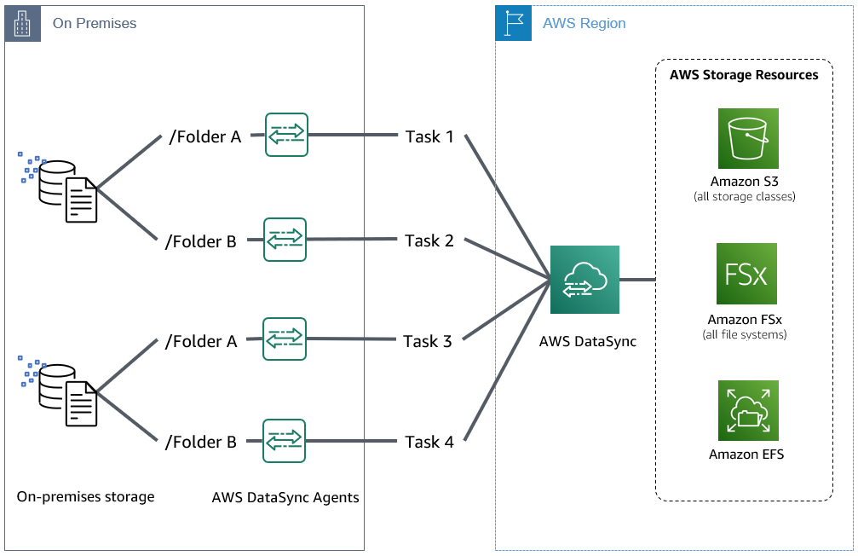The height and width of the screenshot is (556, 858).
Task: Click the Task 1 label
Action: click(429, 136)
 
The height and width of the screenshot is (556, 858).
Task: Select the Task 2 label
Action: click(429, 240)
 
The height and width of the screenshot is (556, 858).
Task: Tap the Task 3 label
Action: click(428, 341)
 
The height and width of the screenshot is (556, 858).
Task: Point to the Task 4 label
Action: click(429, 442)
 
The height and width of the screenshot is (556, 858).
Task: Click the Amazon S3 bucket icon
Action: click(747, 138)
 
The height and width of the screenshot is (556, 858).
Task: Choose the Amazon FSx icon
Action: click(746, 274)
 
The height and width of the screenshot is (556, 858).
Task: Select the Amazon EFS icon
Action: click(747, 411)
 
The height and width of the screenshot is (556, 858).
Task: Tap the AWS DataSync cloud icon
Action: click(584, 281)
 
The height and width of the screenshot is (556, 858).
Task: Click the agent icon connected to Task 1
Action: click(286, 135)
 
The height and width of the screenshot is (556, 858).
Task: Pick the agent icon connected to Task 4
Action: click(285, 440)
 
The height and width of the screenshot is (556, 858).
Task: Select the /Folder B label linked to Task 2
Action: click(200, 241)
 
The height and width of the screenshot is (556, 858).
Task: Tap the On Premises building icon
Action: click(23, 24)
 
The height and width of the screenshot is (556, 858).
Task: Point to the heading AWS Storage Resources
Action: click(743, 75)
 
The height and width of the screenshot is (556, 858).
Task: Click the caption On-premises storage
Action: click(85, 496)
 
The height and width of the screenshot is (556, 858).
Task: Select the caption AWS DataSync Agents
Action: click(285, 497)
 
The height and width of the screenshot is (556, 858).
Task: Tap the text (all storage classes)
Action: click(744, 197)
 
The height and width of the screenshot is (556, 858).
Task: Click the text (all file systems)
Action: click(744, 334)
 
